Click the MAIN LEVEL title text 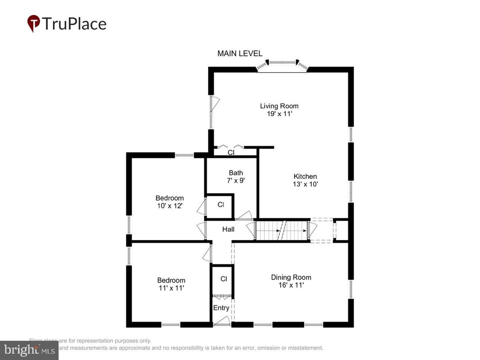[x=240, y=54]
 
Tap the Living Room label [x=279, y=106]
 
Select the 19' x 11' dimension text [x=279, y=114]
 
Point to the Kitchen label [x=305, y=176]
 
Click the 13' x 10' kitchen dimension [x=305, y=184]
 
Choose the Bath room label [x=236, y=172]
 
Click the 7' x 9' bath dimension [x=236, y=180]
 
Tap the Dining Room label [x=291, y=277]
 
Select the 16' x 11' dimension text [x=291, y=285]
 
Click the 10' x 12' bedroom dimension [x=170, y=206]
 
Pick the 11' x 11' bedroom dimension [x=171, y=288]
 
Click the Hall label [x=228, y=229]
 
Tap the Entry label [x=221, y=308]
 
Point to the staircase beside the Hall [x=281, y=230]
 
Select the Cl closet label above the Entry [x=224, y=279]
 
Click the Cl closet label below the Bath [x=220, y=205]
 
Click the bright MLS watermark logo [x=29, y=349]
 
